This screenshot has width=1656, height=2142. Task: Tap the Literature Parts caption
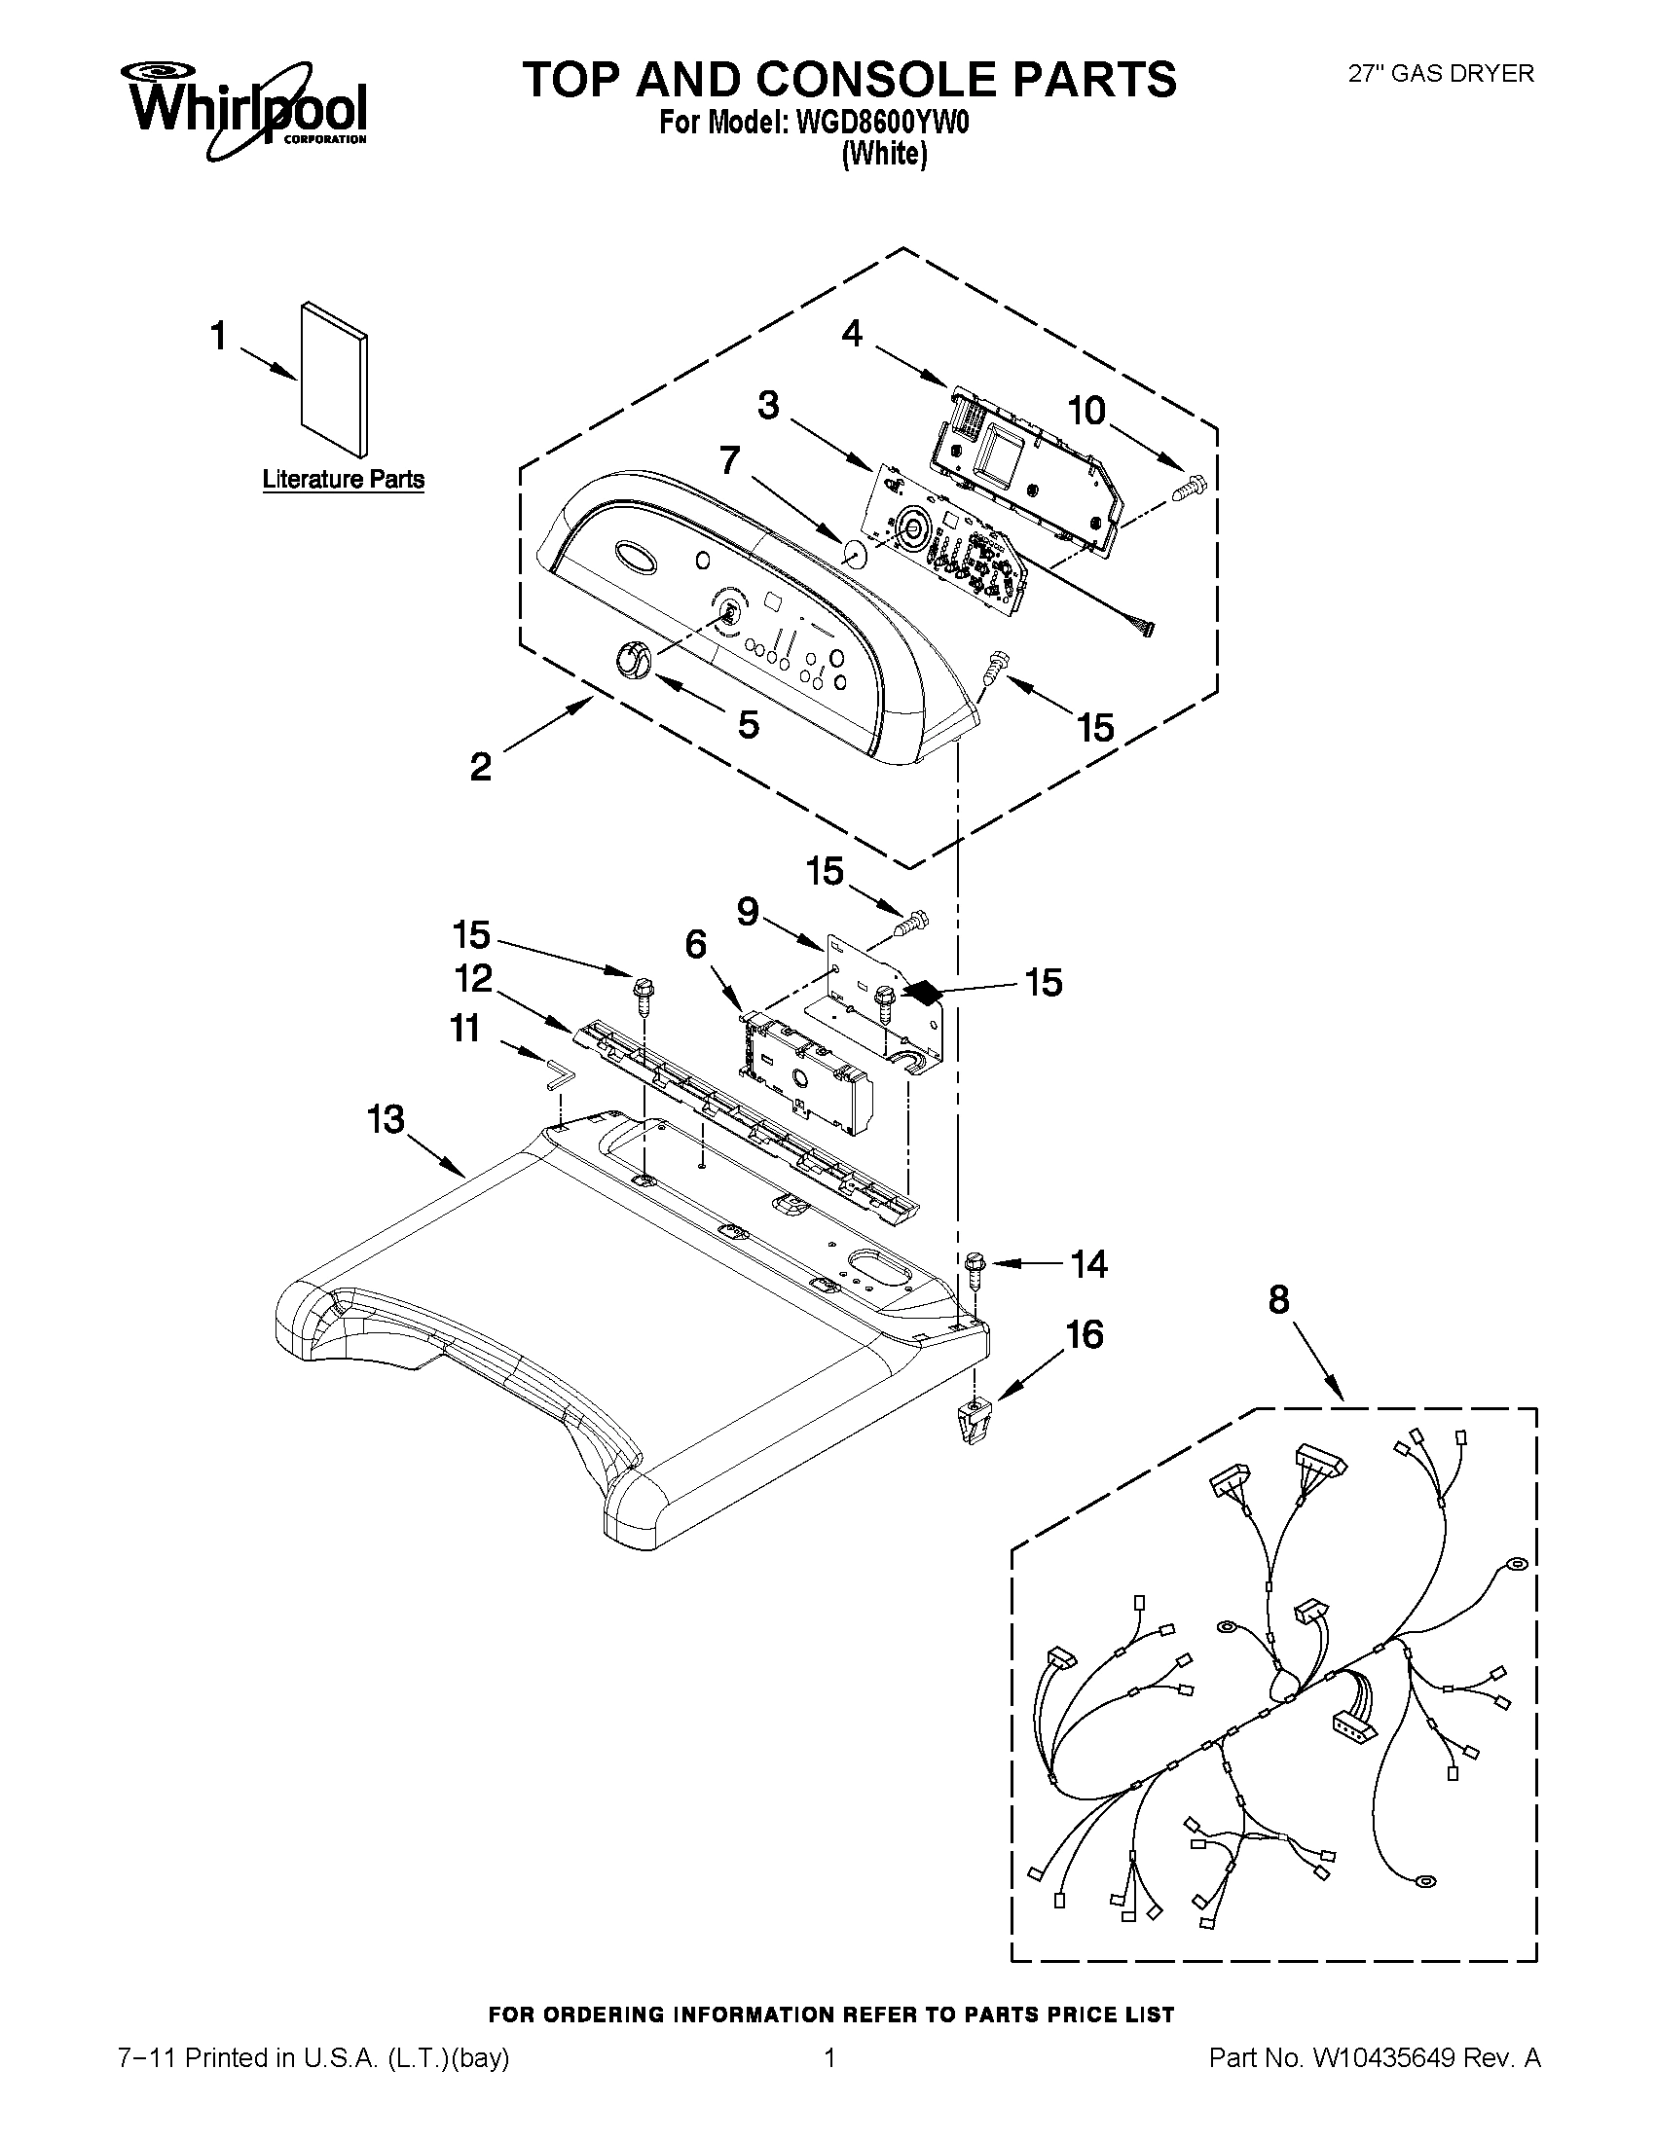coord(344,480)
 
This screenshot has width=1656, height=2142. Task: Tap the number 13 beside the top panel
coord(386,1118)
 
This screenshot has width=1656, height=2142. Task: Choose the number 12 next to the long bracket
coord(472,978)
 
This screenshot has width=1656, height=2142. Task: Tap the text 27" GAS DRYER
coord(1440,74)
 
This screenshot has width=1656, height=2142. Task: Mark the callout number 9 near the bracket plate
coord(748,912)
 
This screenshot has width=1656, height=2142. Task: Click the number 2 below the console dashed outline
coord(480,766)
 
